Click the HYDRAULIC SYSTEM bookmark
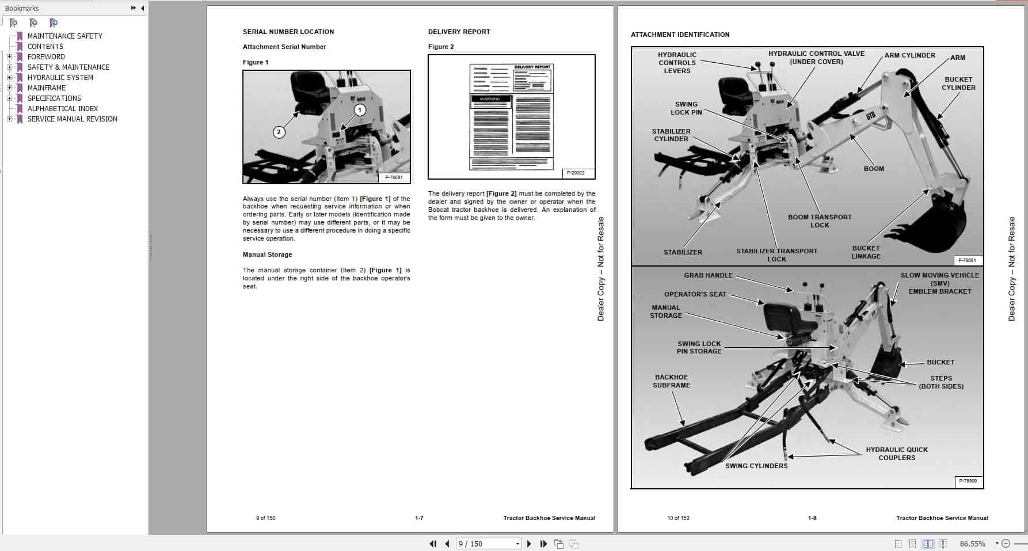[60, 78]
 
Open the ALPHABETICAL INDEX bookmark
[62, 109]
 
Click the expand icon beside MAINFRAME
[9, 88]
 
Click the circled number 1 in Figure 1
[360, 110]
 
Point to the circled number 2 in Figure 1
[279, 132]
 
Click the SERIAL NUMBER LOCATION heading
[288, 32]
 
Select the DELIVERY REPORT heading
[459, 32]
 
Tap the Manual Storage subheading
[267, 254]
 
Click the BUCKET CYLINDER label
[958, 83]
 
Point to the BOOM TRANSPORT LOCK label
[819, 221]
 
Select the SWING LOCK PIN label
[686, 108]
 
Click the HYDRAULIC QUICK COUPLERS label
[896, 454]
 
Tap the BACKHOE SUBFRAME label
[671, 381]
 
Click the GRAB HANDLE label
[708, 276]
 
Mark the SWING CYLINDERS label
[756, 466]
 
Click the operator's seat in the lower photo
[785, 320]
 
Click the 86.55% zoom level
[972, 544]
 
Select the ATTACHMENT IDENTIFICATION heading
[680, 35]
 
